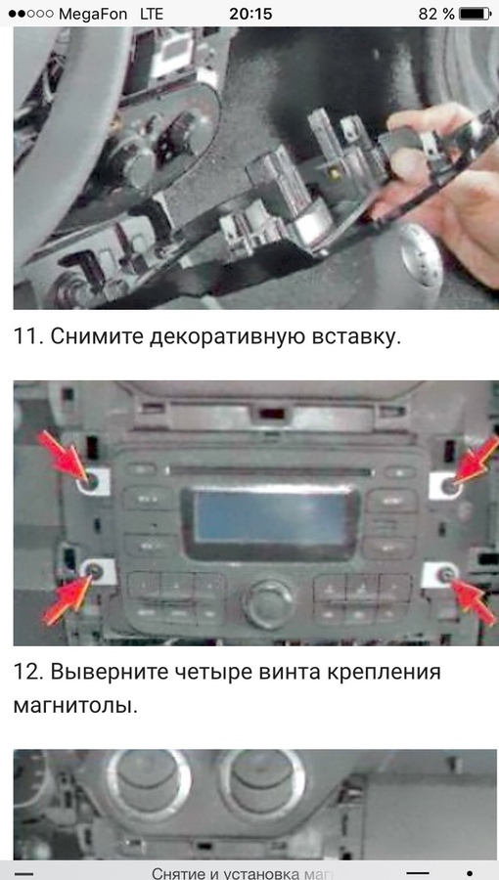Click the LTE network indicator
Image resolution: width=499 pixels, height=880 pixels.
pos(152,14)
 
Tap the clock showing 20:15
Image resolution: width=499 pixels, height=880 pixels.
pos(249,14)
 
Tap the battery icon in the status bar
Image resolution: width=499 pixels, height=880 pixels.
pos(475,14)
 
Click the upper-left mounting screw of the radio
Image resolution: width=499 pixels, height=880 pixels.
pos(89,481)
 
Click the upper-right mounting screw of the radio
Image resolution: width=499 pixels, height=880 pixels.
pos(447,483)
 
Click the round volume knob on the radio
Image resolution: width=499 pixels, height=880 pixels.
pos(268,603)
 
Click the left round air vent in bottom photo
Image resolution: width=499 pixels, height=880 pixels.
pos(149,782)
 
